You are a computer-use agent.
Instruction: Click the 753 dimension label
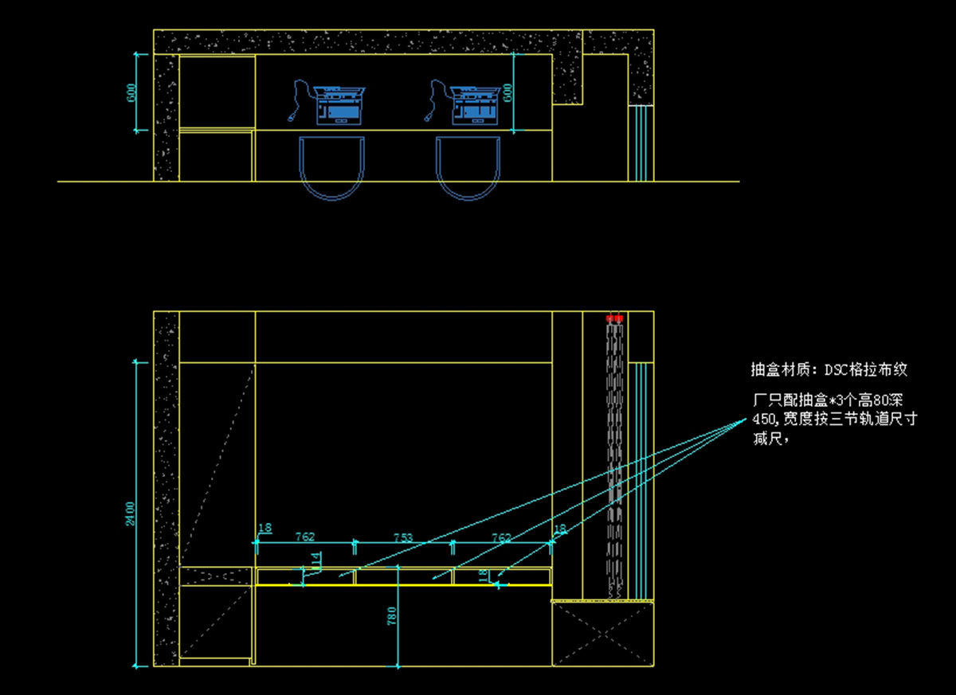tap(404, 537)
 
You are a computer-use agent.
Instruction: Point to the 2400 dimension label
tap(130, 513)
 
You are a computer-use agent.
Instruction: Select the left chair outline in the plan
tap(332, 167)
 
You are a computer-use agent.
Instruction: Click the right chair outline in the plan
tap(468, 167)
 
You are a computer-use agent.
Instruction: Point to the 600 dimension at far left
tap(131, 92)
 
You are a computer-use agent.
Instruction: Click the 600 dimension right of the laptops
tap(507, 92)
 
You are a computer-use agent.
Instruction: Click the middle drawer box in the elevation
tap(404, 576)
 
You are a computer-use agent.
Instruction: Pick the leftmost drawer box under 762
tap(305, 576)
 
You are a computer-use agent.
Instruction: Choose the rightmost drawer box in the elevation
tap(502, 576)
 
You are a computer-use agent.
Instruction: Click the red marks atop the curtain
tap(613, 318)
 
